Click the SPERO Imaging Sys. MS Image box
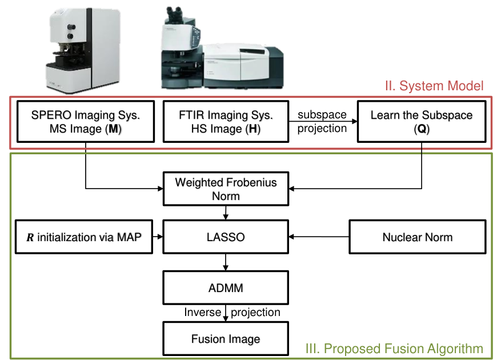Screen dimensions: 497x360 pos(86,122)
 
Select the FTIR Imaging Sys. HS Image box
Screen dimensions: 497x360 pos(226,122)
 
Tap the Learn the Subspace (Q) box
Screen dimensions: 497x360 pos(422,122)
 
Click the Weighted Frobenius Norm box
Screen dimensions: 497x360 pos(226,189)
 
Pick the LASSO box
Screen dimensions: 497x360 pos(226,237)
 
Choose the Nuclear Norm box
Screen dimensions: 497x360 pos(418,237)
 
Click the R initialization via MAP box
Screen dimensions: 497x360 pos(84,237)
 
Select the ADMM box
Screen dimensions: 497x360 pos(226,287)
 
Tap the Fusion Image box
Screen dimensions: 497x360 pos(226,339)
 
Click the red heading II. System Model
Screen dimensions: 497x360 pos(434,86)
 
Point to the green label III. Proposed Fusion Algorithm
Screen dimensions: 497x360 pos(394,349)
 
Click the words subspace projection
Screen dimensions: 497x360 pos(322,122)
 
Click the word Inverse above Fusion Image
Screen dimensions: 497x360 pos(203,312)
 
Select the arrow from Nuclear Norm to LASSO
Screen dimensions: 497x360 pos(319,237)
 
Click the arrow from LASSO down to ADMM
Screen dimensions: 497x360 pos(226,262)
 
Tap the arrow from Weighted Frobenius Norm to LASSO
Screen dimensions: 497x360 pos(226,213)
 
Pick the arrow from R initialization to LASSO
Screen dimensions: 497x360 pos(158,237)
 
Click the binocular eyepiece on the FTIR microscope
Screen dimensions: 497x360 pos(174,13)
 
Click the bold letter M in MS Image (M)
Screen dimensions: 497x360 pos(113,129)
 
